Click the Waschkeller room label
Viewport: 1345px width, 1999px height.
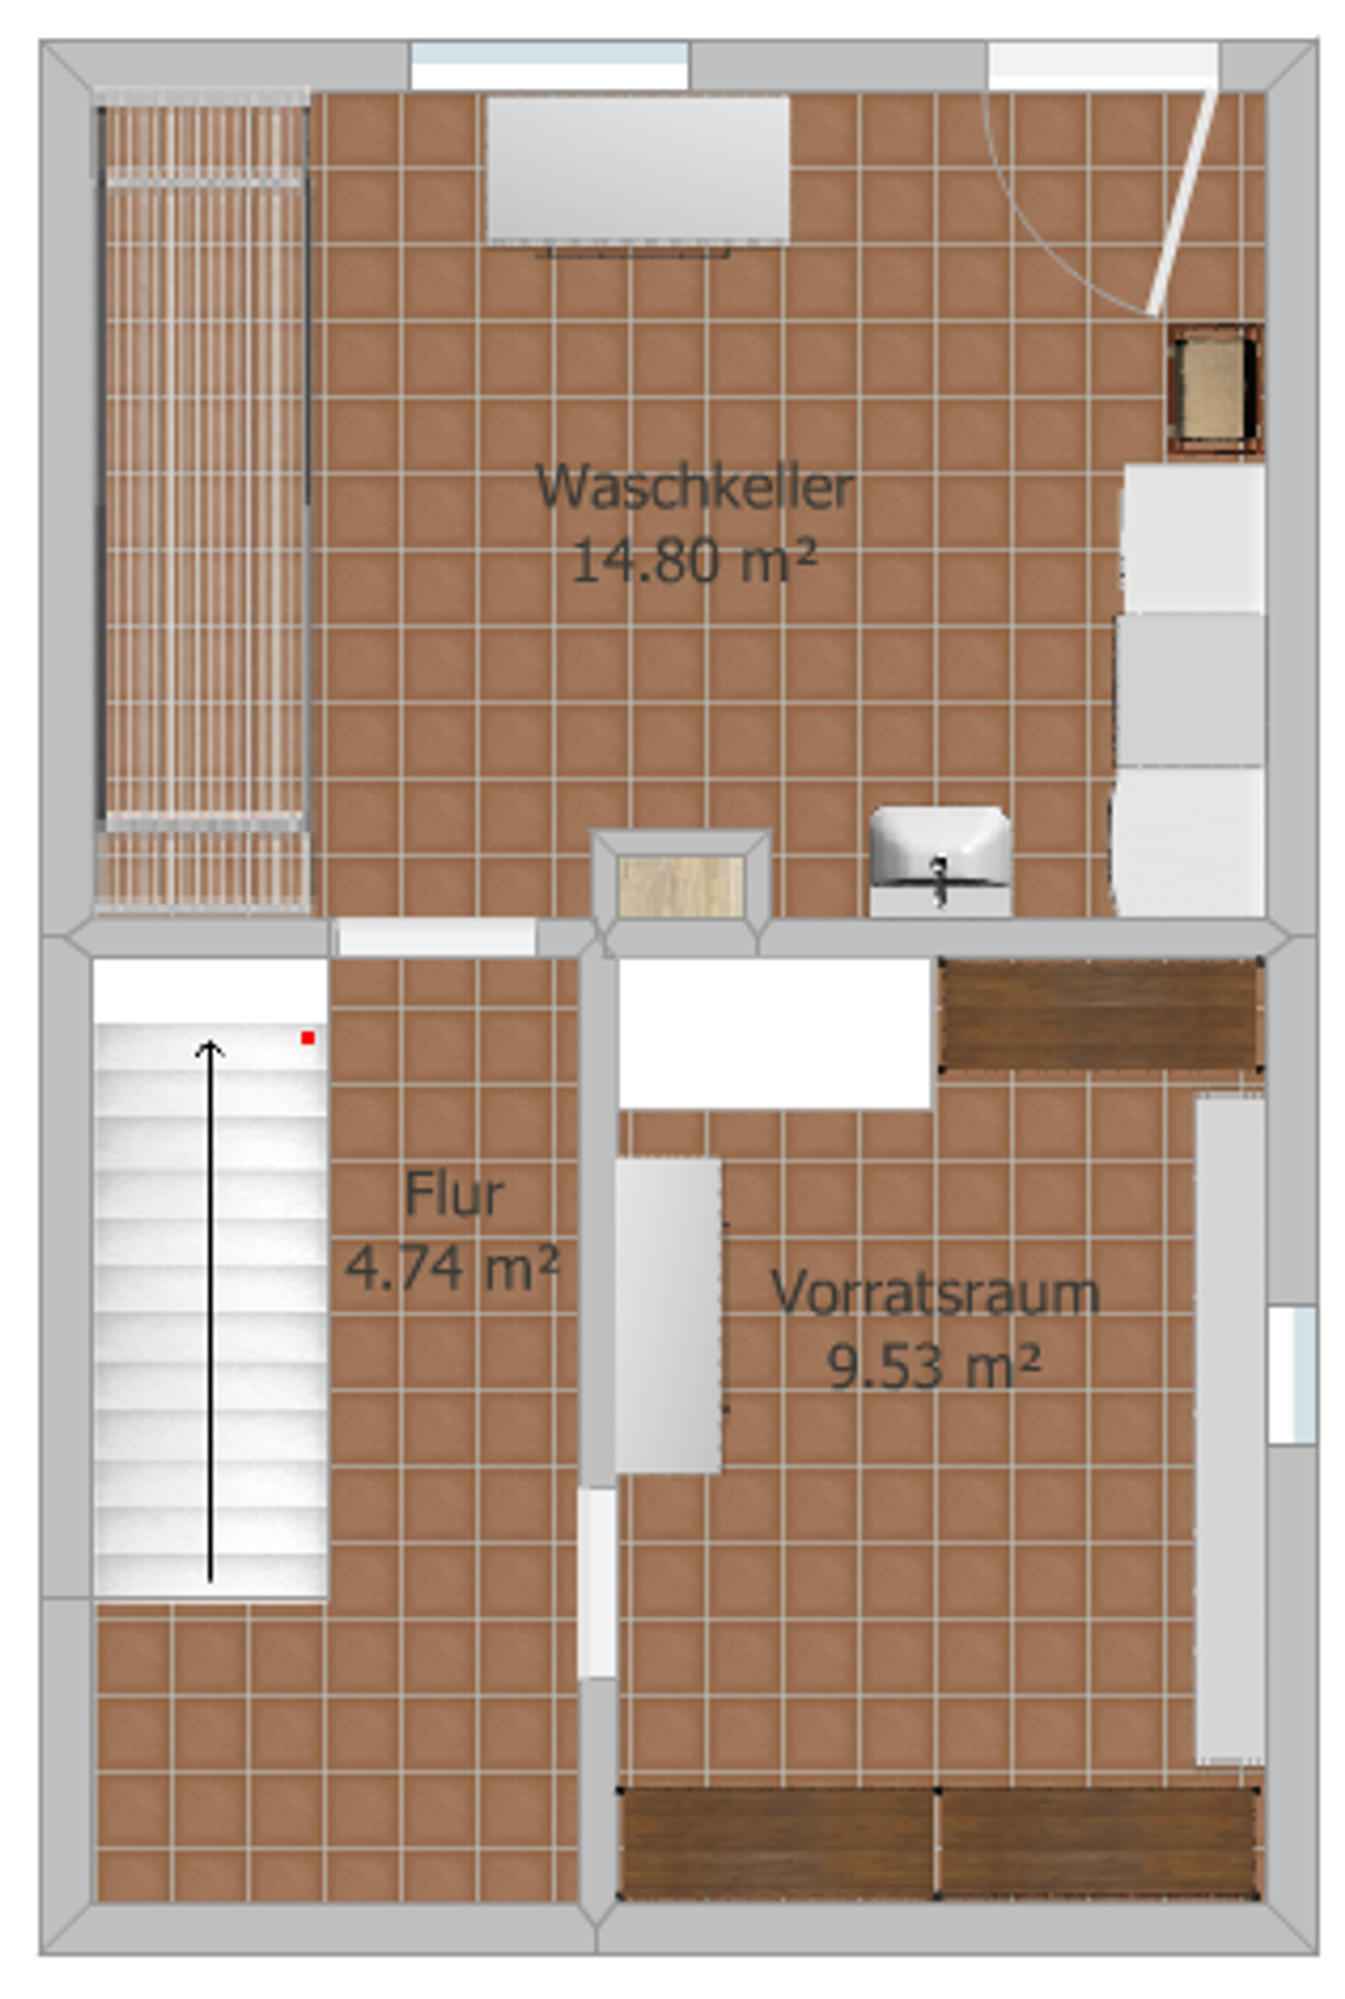pyautogui.click(x=695, y=487)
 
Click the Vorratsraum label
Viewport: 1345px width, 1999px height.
pyautogui.click(x=935, y=1291)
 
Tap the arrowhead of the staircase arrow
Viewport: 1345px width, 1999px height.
pyautogui.click(x=210, y=1048)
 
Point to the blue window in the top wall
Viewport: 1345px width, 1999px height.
pyautogui.click(x=549, y=65)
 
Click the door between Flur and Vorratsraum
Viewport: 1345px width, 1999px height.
pyautogui.click(x=597, y=1582)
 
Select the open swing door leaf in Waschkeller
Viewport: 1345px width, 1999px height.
pyautogui.click(x=1184, y=202)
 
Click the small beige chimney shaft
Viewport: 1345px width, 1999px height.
pyautogui.click(x=681, y=886)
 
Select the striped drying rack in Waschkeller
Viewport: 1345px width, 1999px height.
pyautogui.click(x=203, y=500)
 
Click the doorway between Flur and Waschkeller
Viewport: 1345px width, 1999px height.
pyautogui.click(x=436, y=936)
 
